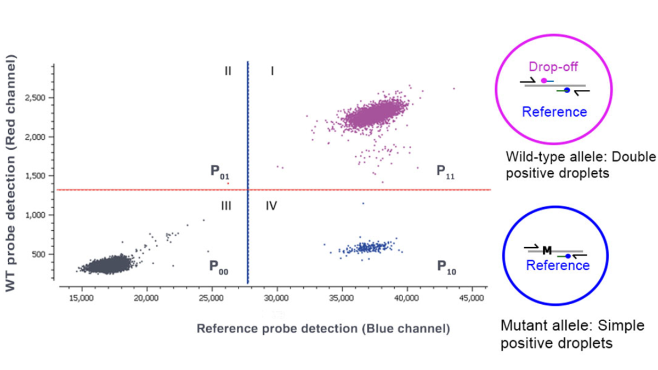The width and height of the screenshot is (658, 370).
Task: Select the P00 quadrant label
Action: [218, 266]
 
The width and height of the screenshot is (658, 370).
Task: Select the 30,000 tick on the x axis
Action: [276, 298]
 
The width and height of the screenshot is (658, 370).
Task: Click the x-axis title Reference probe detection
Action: [323, 329]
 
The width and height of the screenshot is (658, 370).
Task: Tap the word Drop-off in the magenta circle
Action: [553, 67]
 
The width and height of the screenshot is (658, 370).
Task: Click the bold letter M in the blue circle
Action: [546, 251]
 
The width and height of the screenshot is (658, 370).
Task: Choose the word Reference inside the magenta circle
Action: [554, 112]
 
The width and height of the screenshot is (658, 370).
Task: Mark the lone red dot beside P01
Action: [228, 183]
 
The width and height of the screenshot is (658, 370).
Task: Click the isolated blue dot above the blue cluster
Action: [362, 203]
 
